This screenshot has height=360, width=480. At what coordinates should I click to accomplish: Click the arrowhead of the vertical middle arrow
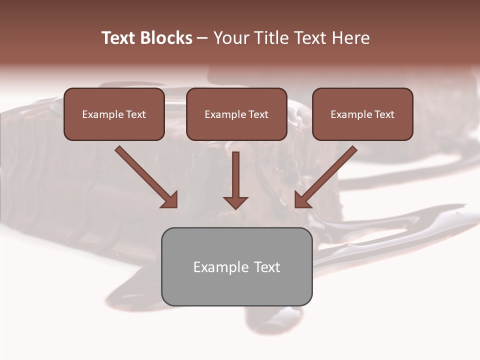(x=235, y=202)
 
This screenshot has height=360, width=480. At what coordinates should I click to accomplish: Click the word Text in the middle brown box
(x=258, y=114)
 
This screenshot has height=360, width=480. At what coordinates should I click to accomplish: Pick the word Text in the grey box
(x=267, y=267)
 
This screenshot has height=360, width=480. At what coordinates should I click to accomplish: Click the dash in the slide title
(x=202, y=38)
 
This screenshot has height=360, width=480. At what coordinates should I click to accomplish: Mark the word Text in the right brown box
(x=384, y=114)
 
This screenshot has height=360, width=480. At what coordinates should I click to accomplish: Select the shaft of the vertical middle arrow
(x=235, y=172)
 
